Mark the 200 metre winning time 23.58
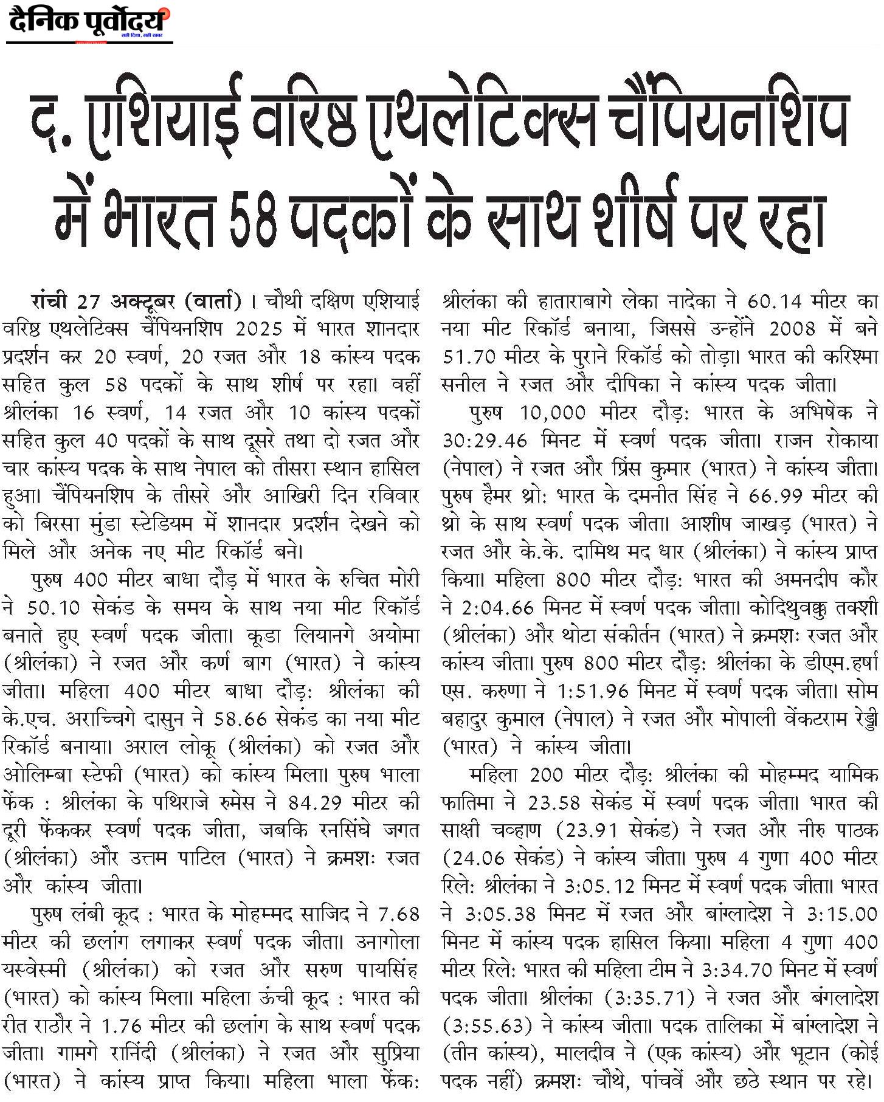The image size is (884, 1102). tap(554, 803)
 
